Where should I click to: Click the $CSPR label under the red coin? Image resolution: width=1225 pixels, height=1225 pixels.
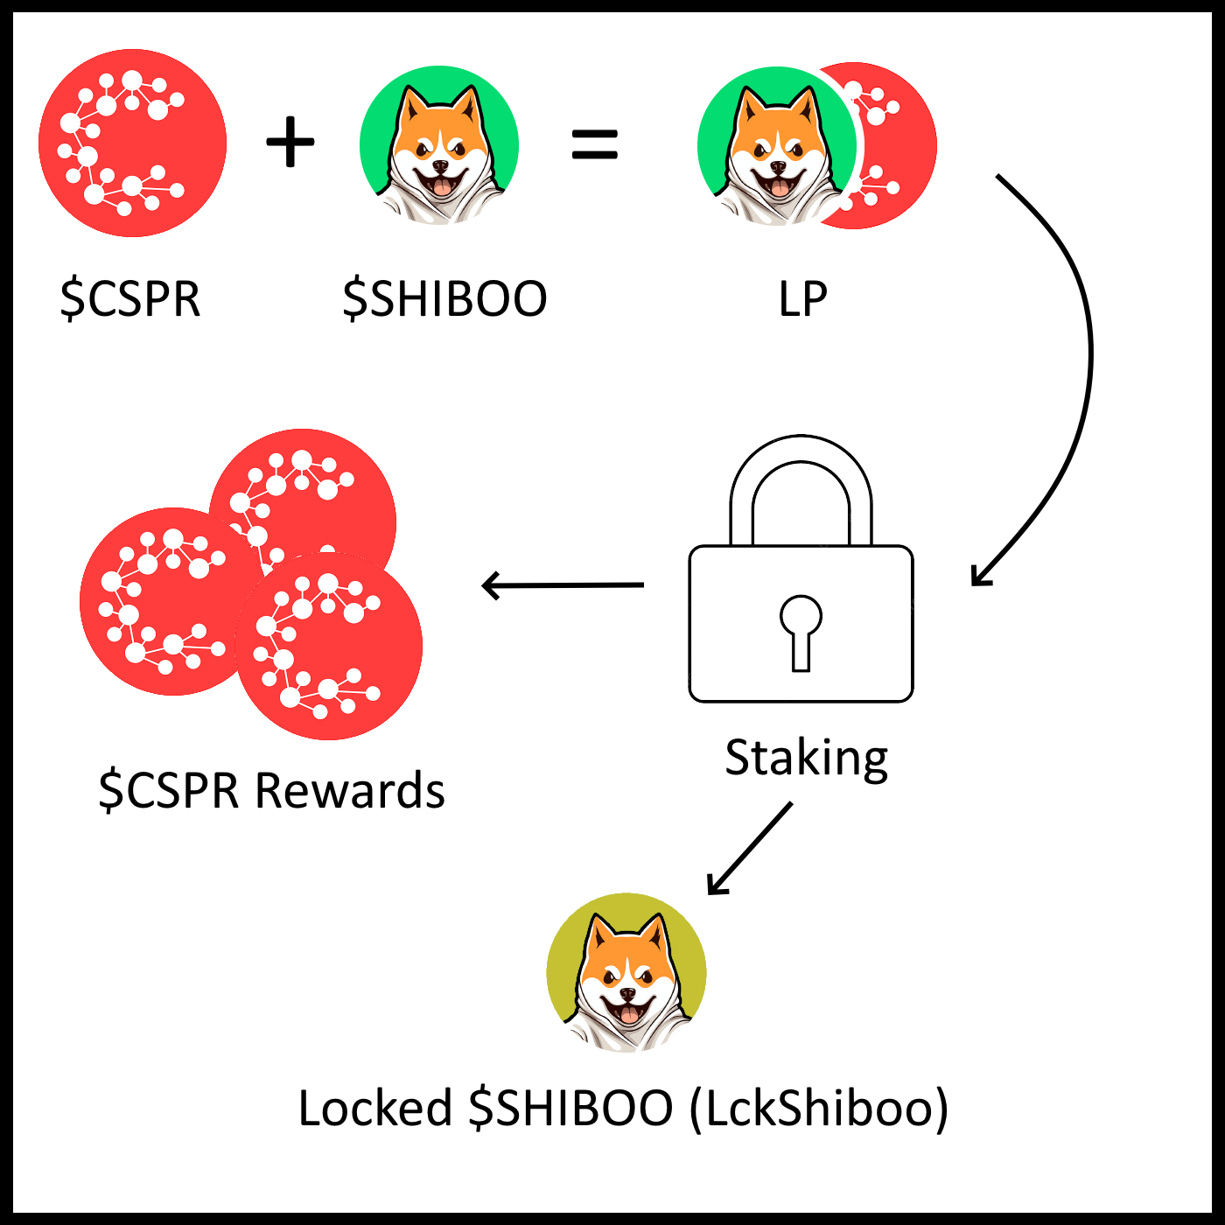tap(130, 298)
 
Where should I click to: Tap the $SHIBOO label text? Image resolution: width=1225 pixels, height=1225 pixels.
tap(444, 298)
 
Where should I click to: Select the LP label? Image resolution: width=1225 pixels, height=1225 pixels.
tap(802, 298)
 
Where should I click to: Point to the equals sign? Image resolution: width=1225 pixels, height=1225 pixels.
tap(595, 144)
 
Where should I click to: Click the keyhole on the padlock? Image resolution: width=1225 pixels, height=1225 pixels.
tap(801, 630)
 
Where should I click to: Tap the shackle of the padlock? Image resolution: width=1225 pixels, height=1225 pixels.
tap(801, 472)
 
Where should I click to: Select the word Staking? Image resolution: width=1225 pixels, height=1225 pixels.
tap(806, 758)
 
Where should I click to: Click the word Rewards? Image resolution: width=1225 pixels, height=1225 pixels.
tap(350, 791)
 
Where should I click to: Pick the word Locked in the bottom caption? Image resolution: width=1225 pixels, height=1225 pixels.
tap(374, 1108)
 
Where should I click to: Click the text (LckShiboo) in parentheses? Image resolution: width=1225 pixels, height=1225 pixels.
tap(819, 1108)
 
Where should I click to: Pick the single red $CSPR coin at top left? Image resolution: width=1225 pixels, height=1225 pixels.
tap(133, 143)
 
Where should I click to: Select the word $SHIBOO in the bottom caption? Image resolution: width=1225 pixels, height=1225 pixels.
tap(570, 1108)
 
